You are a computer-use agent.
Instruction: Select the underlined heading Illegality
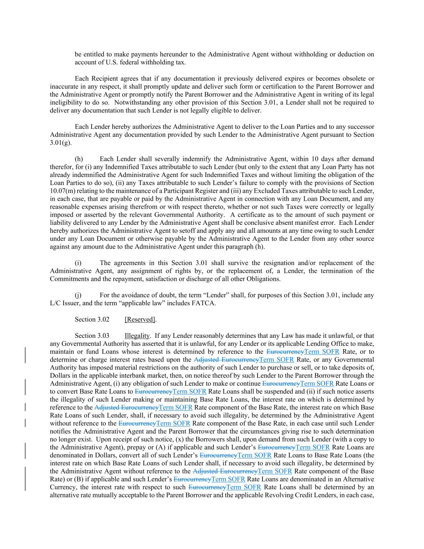(137, 335)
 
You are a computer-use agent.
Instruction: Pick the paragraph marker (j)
(78, 295)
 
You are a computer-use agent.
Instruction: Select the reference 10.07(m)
(63, 191)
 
